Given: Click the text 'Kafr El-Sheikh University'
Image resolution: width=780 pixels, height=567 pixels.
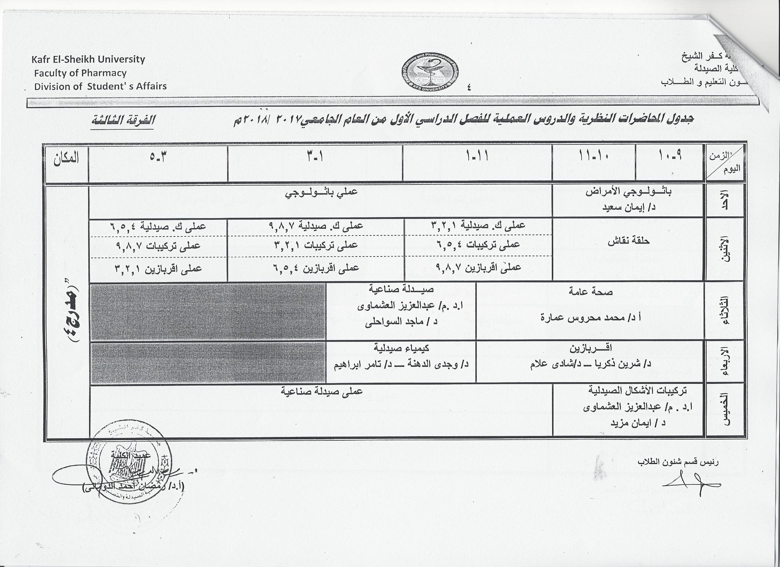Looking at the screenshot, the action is [x=88, y=59].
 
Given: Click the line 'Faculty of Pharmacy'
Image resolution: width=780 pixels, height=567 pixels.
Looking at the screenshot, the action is [x=80, y=73].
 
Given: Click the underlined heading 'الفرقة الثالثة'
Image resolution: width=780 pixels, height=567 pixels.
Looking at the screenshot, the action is [x=123, y=120].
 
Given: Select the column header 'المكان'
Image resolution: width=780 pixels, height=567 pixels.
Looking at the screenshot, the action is [x=66, y=158].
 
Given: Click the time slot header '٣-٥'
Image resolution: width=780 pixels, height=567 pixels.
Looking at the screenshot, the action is [x=158, y=157].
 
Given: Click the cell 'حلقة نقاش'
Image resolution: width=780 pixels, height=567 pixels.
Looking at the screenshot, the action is [x=628, y=241].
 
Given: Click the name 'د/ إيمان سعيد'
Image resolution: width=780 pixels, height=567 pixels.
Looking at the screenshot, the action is [x=629, y=208].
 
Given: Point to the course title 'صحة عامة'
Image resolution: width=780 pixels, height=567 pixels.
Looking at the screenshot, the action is [x=591, y=292].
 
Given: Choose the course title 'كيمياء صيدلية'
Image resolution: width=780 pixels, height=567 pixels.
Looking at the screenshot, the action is [x=401, y=349].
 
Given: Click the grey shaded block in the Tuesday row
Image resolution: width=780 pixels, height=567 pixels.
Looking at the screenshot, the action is [x=208, y=311].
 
